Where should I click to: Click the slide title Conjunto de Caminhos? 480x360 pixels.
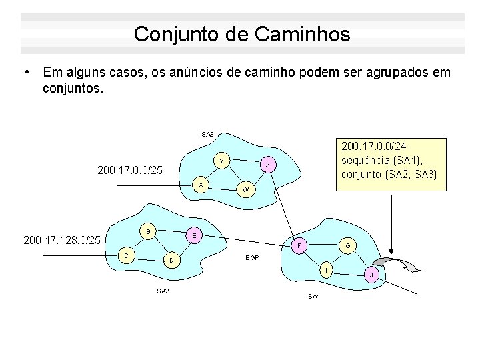click(241, 34)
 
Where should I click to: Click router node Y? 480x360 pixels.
click(222, 161)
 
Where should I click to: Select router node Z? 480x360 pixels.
click(267, 165)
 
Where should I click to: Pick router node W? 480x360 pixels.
click(245, 190)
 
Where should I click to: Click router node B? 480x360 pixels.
click(149, 231)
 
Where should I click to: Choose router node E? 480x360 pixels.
click(193, 236)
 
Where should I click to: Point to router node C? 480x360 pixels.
click(127, 255)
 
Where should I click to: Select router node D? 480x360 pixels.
click(171, 259)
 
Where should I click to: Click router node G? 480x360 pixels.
click(347, 246)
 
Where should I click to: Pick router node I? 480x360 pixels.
click(325, 271)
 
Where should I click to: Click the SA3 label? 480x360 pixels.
click(207, 135)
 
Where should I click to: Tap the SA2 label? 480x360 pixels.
click(163, 291)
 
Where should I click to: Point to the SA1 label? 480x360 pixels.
click(314, 296)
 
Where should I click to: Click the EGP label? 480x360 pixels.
click(253, 257)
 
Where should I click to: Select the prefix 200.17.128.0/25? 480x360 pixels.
click(61, 238)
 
